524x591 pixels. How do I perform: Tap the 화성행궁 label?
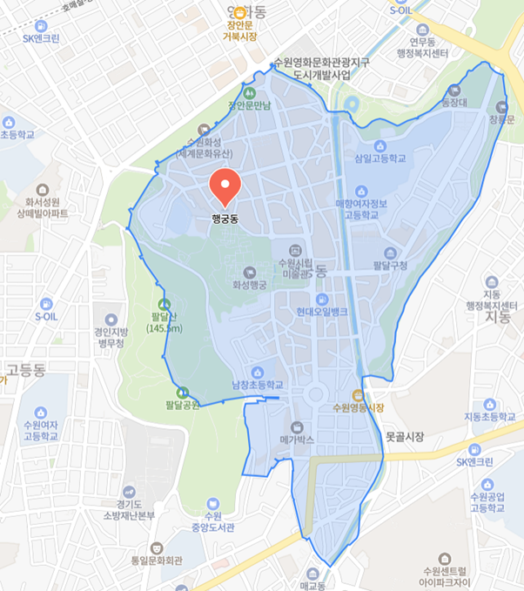click(x=250, y=284)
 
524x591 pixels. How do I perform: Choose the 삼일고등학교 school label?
click(x=380, y=159)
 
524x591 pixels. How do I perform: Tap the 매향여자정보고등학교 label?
click(x=356, y=209)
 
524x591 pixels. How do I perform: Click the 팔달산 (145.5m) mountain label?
click(x=163, y=322)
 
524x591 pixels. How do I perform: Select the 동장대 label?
click(x=453, y=102)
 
